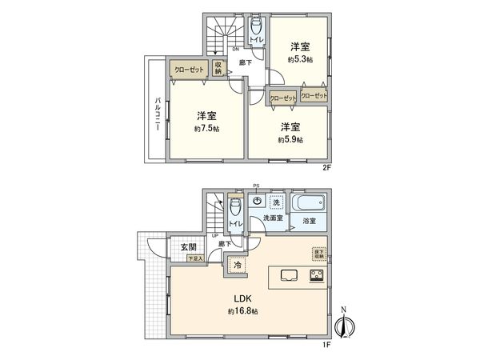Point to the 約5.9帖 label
click(x=290, y=139)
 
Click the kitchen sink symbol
click(x=288, y=277)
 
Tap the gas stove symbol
click(x=315, y=278)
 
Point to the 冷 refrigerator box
click(x=237, y=264)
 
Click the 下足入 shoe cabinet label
click(x=195, y=258)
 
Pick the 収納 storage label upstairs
click(x=218, y=70)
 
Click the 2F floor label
click(x=326, y=167)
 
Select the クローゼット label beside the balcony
click(x=190, y=70)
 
